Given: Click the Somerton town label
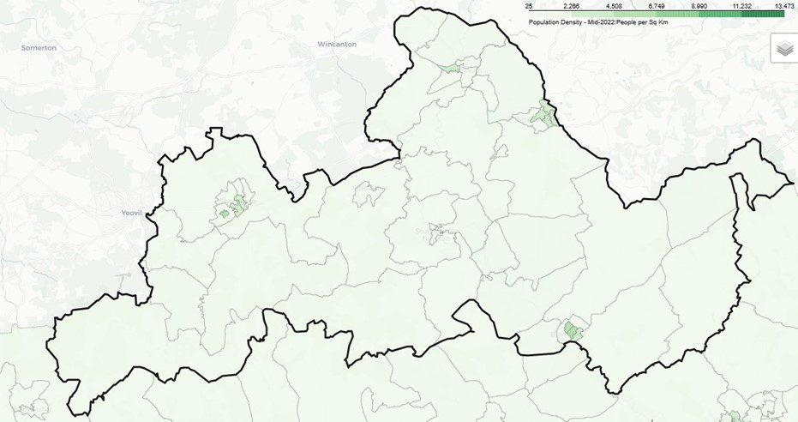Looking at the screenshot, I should coord(39,48).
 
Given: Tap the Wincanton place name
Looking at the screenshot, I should coord(337,44).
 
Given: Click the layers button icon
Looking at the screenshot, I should coord(783,49).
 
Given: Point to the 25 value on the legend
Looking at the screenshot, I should coord(529,6).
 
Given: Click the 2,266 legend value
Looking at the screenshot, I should coord(573,6).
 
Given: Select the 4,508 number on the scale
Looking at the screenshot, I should coord(614,6).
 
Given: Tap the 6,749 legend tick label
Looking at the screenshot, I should coord(656,6).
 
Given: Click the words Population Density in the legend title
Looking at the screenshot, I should coord(558,21).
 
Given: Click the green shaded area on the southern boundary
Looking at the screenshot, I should coord(573,331).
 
